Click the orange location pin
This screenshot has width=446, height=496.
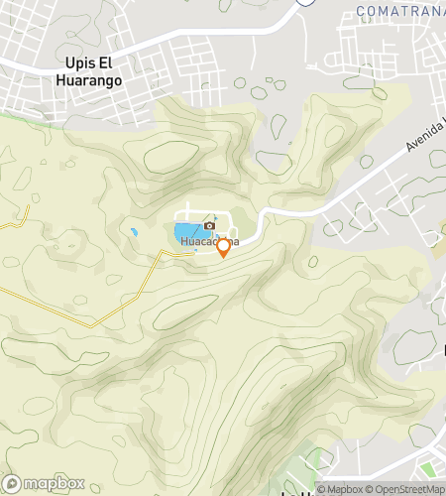(x=224, y=246)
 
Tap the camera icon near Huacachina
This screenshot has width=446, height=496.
(x=209, y=227)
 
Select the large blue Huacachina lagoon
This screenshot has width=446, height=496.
(x=185, y=235)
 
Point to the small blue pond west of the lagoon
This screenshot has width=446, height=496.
(x=133, y=232)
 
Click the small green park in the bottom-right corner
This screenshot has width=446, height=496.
(x=428, y=467)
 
